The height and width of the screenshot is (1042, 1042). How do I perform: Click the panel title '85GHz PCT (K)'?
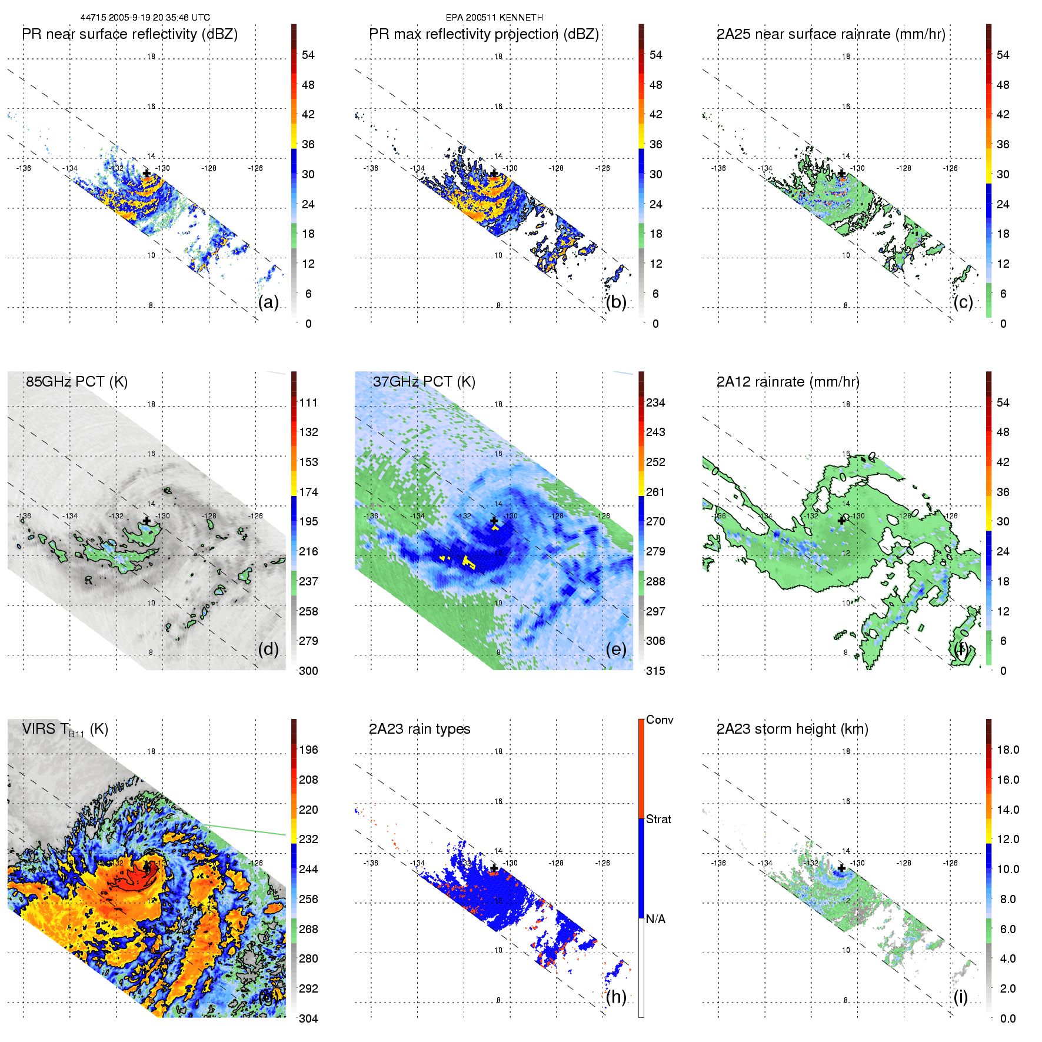pos(76,381)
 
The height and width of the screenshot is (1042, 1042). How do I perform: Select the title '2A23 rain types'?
pos(420,729)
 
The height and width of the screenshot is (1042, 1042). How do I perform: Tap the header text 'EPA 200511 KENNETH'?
pos(494,18)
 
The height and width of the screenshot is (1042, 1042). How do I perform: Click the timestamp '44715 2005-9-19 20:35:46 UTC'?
pos(145,18)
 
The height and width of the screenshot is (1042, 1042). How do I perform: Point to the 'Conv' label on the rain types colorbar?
pos(660,720)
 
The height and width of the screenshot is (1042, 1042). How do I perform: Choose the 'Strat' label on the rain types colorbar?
pos(658,819)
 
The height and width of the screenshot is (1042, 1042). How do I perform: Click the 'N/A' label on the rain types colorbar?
pos(655,919)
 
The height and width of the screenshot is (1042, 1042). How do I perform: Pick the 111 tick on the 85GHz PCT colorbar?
pos(308,402)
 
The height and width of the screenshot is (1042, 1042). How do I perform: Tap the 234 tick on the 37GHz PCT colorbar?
pos(655,402)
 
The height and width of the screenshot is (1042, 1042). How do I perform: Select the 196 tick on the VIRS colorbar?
pos(308,750)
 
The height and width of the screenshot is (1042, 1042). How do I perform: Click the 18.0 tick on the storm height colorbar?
pos(1008,750)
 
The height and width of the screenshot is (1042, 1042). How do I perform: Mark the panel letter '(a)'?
pos(268,302)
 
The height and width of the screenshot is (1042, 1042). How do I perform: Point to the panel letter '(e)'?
pos(616,649)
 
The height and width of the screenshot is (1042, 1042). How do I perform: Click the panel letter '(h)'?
pos(616,997)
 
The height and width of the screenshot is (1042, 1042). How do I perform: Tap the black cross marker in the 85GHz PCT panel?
pos(147,521)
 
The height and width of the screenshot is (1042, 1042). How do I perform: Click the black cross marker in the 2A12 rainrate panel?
pos(841,520)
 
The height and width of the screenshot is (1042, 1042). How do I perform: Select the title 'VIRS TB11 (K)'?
pos(65,730)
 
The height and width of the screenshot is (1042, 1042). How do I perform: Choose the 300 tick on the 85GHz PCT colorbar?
pos(308,671)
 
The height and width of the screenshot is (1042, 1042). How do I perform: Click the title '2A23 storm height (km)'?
pos(792,729)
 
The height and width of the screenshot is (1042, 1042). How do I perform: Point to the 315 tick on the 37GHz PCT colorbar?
pos(655,671)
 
